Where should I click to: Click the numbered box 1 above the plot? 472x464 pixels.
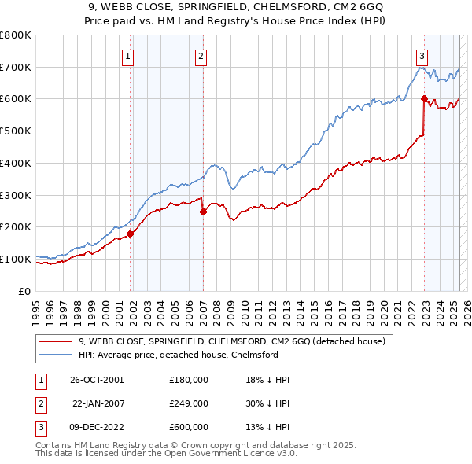127,56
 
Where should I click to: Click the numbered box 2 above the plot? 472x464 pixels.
201,56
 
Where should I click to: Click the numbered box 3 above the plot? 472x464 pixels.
422,56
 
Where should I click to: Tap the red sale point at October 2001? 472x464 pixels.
131,233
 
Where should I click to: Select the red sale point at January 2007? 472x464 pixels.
203,211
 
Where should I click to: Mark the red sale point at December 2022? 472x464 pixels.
424,98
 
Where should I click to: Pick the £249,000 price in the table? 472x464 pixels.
188,403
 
